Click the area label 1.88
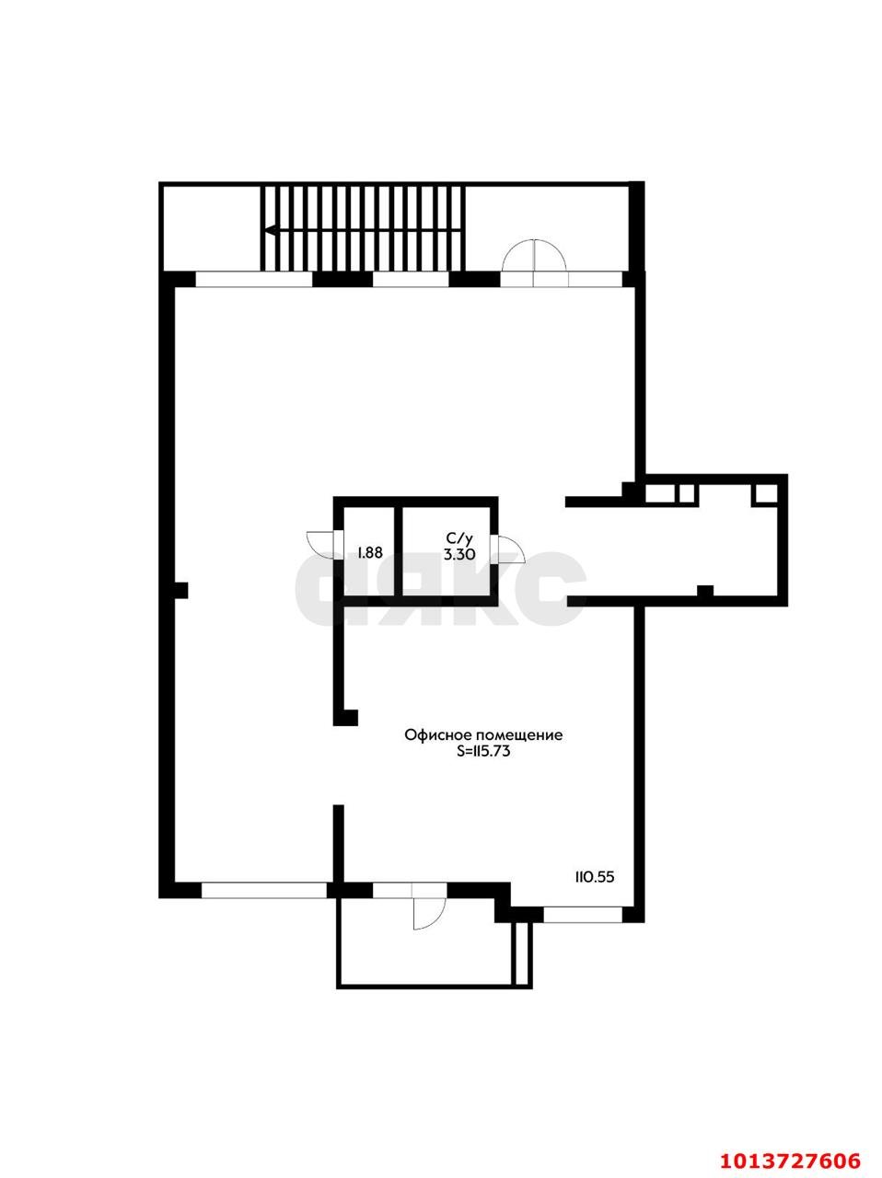point(370,552)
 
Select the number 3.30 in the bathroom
point(458,554)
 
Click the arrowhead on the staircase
point(272,230)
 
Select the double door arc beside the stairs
point(534,256)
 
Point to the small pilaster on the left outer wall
point(180,590)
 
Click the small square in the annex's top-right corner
point(766,493)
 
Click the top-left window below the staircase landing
point(254,280)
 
